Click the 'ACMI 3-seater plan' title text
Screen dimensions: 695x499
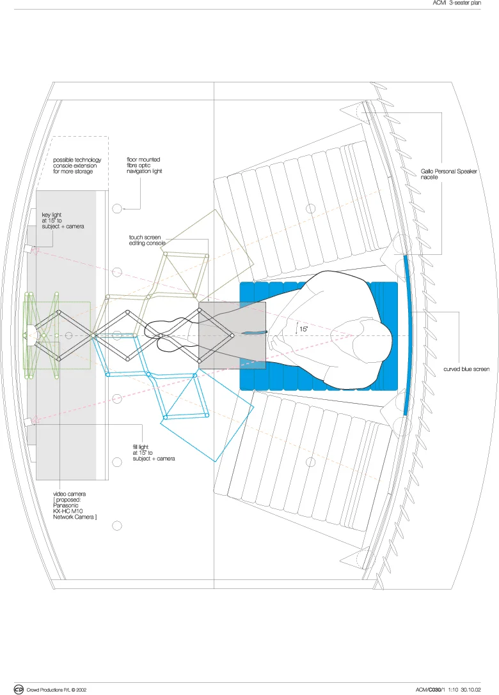pos(457,4)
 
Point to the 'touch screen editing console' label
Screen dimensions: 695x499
pos(147,240)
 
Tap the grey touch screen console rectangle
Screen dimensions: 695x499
pos(232,335)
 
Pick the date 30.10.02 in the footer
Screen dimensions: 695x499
pos(472,690)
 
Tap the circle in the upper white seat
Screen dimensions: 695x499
pos(311,208)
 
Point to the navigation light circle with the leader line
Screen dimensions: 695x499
pos(117,208)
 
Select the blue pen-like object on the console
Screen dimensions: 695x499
pos(254,333)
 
